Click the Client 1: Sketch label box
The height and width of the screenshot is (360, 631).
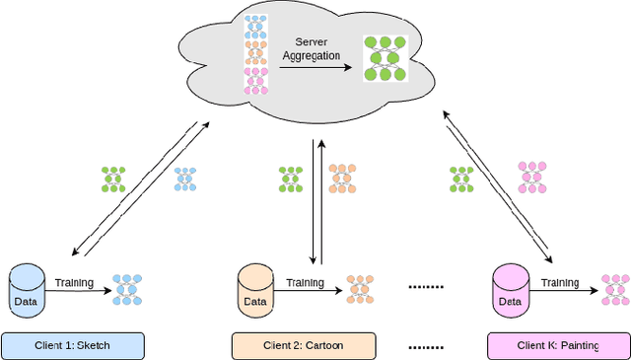click(73, 345)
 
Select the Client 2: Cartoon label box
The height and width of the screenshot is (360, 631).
click(304, 345)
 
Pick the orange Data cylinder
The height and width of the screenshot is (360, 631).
click(255, 292)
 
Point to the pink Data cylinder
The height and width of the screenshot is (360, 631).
click(510, 292)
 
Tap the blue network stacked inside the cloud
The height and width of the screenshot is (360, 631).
click(255, 26)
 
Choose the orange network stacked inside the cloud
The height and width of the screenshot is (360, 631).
click(255, 53)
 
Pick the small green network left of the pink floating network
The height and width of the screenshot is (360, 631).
click(461, 179)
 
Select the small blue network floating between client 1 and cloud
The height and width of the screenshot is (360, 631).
click(184, 179)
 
